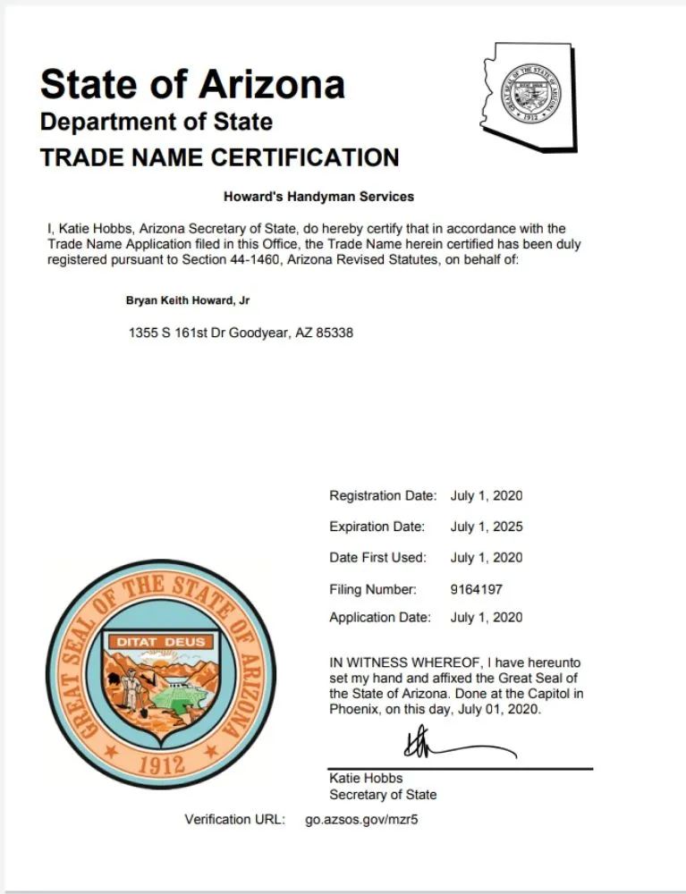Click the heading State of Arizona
[192, 84]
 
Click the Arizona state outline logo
[529, 96]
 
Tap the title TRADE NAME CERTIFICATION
[219, 157]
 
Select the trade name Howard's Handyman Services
[318, 196]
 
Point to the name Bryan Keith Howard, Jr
[188, 301]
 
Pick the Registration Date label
[382, 495]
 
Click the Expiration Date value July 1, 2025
[487, 527]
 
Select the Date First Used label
[377, 558]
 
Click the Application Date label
[379, 617]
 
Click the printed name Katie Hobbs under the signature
[366, 778]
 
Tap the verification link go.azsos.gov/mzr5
[361, 819]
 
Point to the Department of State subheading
[157, 121]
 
